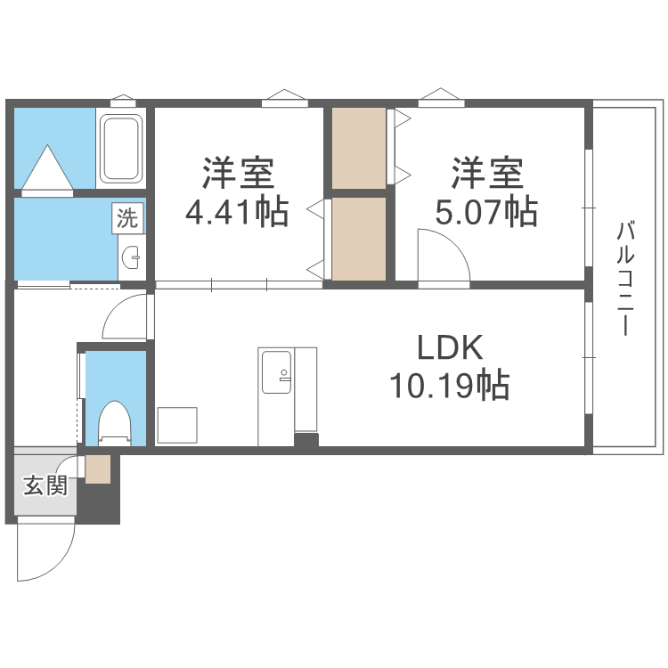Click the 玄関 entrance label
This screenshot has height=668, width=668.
(45, 485)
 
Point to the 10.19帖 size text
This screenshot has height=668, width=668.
(448, 386)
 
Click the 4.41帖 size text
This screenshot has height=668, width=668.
(236, 212)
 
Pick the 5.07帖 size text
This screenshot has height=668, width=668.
(485, 212)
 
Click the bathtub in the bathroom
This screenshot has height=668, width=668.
(121, 149)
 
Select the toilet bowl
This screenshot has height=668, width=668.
(113, 422)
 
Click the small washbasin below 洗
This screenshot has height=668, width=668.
(132, 258)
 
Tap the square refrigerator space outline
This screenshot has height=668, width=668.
(177, 425)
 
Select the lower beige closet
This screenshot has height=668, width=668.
(360, 237)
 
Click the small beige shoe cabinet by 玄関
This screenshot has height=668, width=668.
(98, 468)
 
